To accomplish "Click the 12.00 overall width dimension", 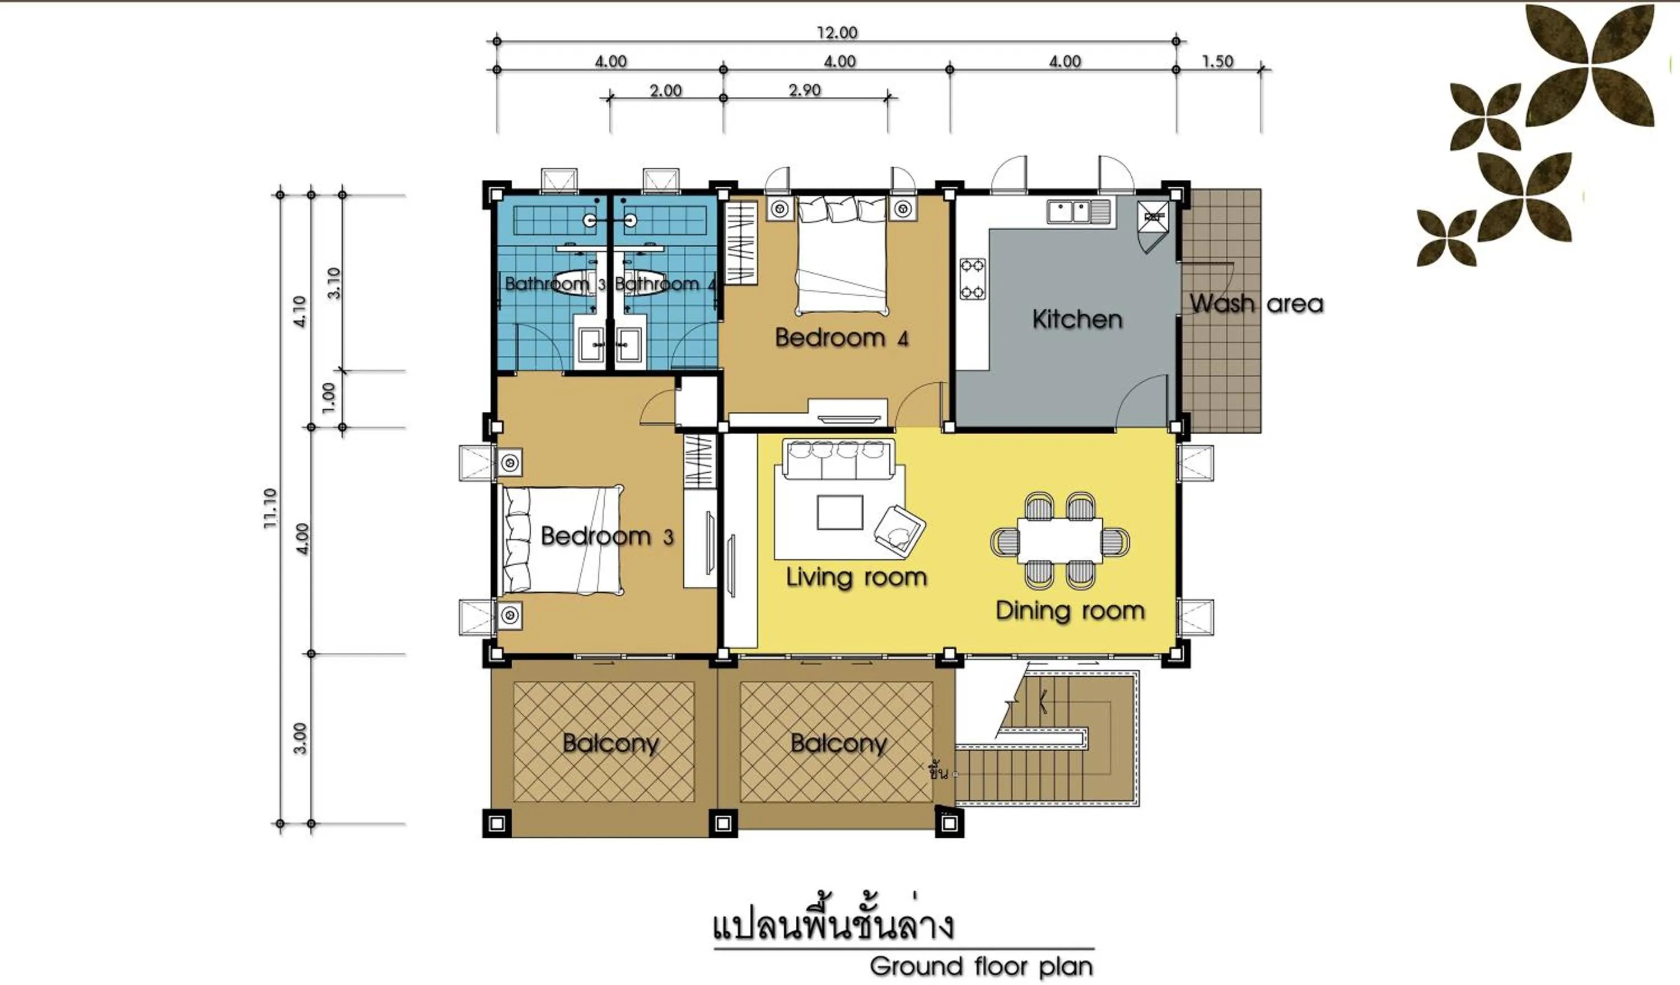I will pos(837,32).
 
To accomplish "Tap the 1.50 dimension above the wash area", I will pos(1217,62).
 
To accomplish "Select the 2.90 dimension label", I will pos(804,90).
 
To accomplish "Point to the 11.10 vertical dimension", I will pos(270,508).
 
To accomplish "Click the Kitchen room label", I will pos(1077,319).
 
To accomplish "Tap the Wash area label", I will pos(1256,304).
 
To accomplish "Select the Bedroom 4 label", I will pos(841,337).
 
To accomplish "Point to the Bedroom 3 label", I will pos(606,536).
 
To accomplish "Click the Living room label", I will pos(856,577).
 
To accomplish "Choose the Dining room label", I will pos(1070,610).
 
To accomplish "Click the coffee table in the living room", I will pos(839,512).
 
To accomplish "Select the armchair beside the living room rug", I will pos(899,529).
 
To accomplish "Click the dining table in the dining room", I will pos(1060,541).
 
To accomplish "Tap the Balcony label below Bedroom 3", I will pos(610,743).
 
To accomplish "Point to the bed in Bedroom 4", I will pos(842,257).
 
